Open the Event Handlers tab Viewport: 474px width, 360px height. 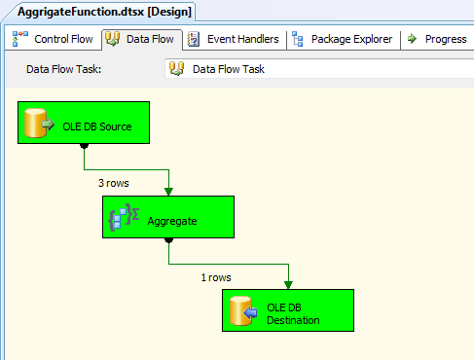point(233,40)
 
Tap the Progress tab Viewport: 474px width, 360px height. point(437,40)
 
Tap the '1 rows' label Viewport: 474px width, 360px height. point(216,277)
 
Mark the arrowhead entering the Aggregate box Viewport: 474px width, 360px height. point(169,192)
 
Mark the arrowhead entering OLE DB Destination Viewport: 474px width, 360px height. point(289,285)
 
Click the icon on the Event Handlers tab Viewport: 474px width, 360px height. point(194,40)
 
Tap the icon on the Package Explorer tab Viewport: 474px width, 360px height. point(297,40)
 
